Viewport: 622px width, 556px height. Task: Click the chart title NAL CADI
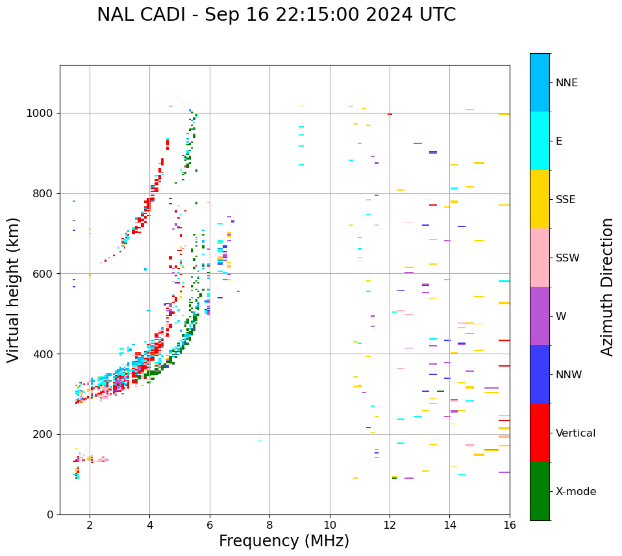[276, 15]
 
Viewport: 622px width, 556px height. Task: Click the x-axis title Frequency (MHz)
[284, 541]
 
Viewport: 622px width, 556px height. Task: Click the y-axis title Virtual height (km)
[14, 289]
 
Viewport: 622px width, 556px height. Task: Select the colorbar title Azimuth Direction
[607, 287]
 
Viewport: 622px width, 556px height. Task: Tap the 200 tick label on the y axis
[44, 434]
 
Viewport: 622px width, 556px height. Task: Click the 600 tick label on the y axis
[44, 274]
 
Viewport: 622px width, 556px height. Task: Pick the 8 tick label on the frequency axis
[269, 525]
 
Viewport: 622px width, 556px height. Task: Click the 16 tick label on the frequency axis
[510, 525]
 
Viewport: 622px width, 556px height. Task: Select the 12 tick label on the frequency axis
[390, 525]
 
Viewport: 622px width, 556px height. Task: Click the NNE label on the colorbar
[567, 82]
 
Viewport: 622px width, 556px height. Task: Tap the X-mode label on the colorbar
[576, 491]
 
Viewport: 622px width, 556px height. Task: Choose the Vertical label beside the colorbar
[576, 433]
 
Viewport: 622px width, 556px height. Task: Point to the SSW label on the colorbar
[568, 258]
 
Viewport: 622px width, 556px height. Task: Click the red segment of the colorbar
[540, 433]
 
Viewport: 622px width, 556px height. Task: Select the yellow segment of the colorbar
[540, 199]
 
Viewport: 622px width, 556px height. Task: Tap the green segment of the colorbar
[540, 491]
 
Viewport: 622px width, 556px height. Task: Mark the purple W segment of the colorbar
[540, 316]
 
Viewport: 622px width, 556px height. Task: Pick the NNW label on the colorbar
[569, 374]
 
